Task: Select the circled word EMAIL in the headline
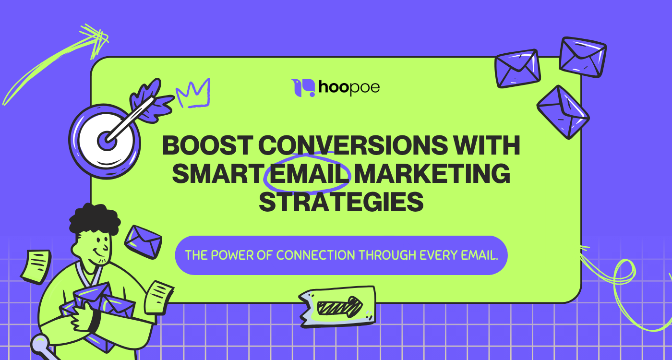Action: (x=308, y=173)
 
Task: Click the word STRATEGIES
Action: (x=341, y=202)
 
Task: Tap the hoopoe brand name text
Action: (x=349, y=88)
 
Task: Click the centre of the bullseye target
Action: (x=107, y=141)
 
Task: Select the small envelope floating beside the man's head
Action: (x=143, y=240)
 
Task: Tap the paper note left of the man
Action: (x=36, y=265)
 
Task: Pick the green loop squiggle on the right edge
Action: (x=624, y=278)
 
